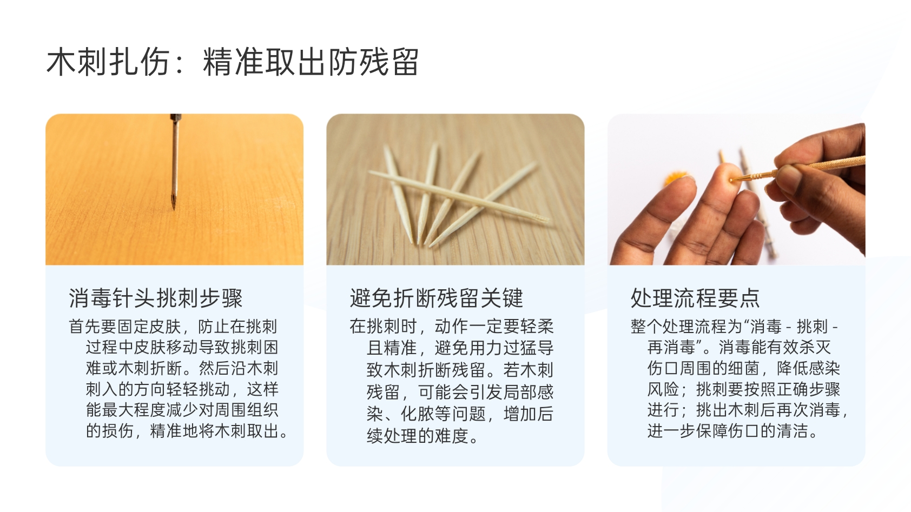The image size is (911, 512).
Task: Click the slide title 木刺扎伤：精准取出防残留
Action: (x=233, y=62)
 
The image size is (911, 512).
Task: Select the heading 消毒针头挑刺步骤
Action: (x=156, y=298)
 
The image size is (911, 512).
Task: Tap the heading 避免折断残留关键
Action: (x=437, y=298)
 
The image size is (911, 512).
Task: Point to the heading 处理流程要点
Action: (x=695, y=298)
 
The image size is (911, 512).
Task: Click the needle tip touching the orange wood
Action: (x=173, y=208)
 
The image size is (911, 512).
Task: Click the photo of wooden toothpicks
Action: (x=455, y=189)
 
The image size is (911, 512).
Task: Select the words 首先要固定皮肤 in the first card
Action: (x=124, y=327)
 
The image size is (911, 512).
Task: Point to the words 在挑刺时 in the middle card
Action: (x=384, y=327)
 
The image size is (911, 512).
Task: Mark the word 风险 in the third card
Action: (x=663, y=389)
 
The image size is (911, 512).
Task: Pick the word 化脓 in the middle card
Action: (x=418, y=414)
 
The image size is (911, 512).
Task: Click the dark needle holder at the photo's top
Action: (x=175, y=118)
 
